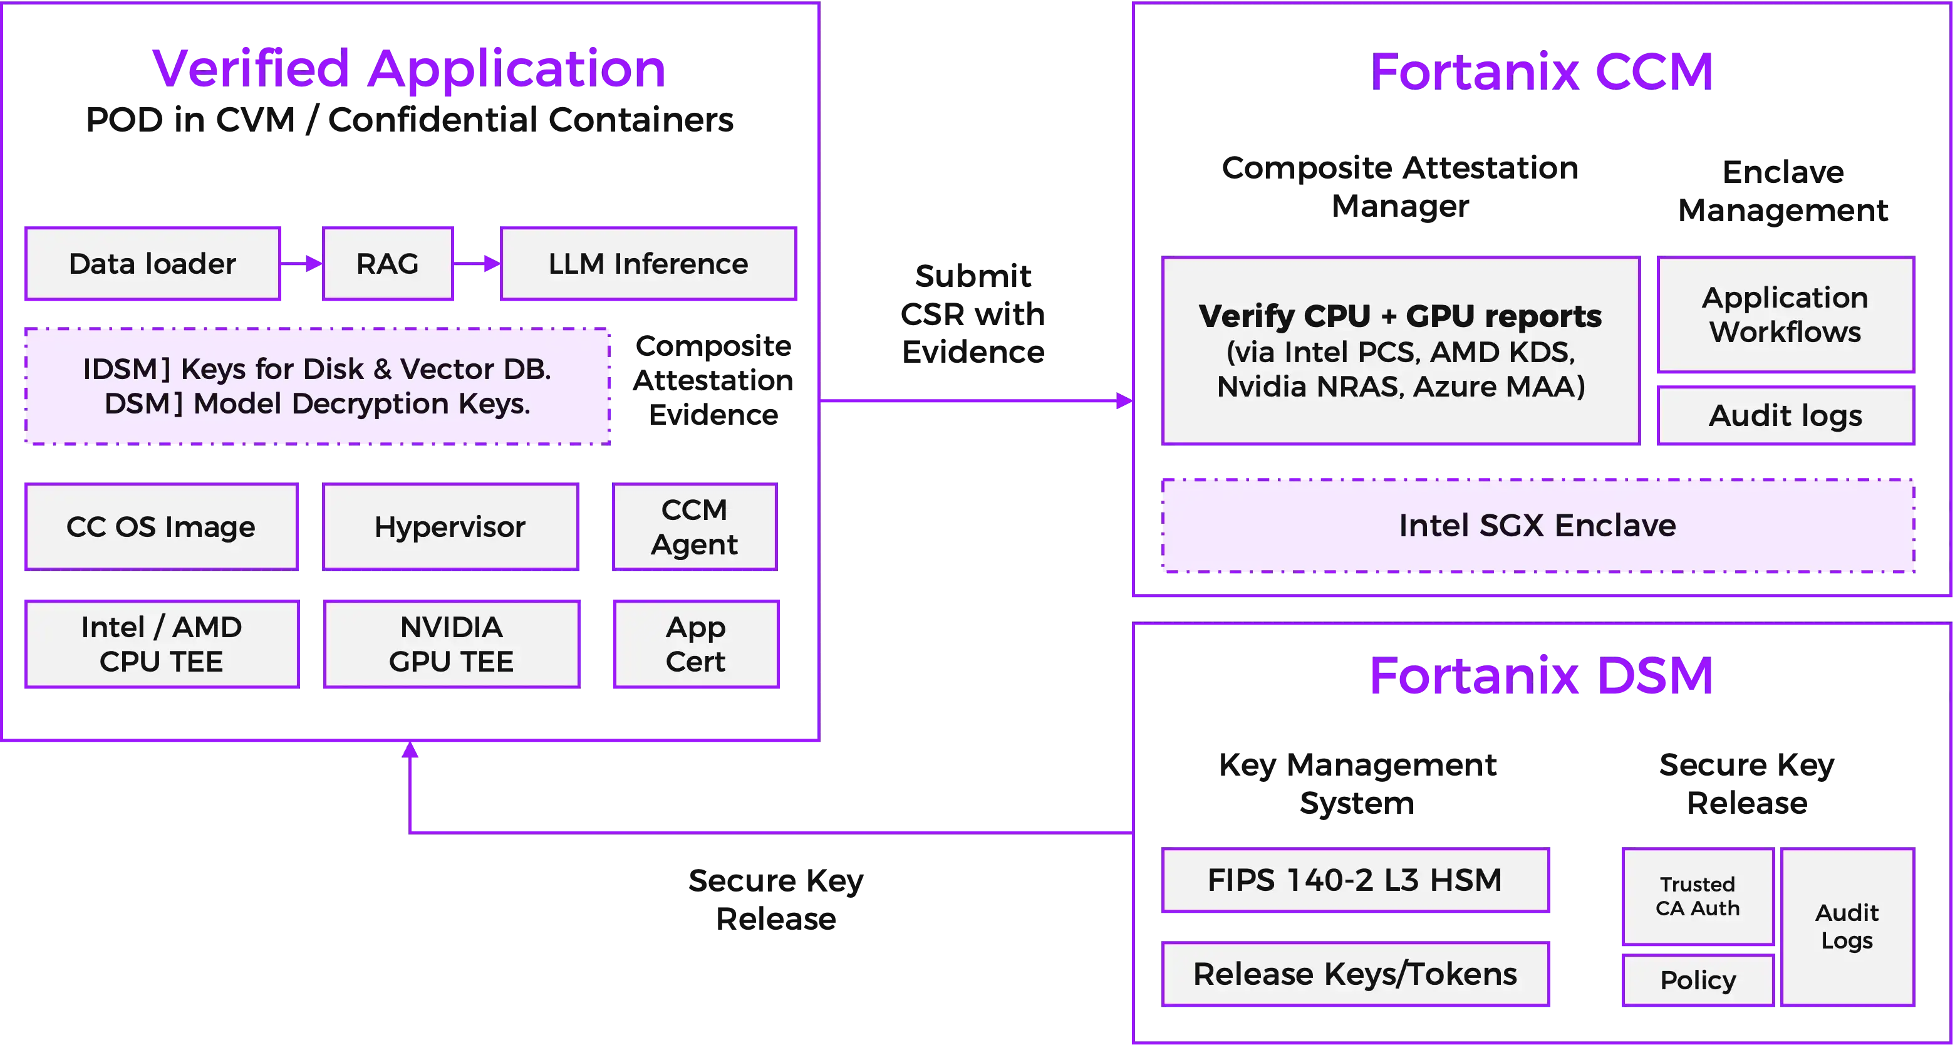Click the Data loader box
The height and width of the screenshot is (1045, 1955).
(x=153, y=264)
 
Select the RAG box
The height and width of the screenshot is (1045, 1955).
(x=388, y=264)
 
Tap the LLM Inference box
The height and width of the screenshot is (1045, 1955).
(x=648, y=264)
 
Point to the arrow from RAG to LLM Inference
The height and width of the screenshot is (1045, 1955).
(x=477, y=264)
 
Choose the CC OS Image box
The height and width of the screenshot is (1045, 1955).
(x=161, y=527)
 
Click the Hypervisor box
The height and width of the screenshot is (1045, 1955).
(x=450, y=527)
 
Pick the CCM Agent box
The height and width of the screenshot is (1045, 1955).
(x=695, y=527)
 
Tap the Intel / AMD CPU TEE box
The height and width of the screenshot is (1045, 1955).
(x=161, y=644)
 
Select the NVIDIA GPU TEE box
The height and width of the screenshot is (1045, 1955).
(x=451, y=644)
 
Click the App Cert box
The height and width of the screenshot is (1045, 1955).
(x=695, y=644)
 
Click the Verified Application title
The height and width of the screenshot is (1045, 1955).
(x=408, y=69)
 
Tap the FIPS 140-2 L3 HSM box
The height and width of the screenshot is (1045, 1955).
(x=1355, y=880)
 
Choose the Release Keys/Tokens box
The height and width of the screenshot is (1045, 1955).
(x=1355, y=974)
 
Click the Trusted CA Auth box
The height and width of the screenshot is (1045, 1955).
(x=1697, y=897)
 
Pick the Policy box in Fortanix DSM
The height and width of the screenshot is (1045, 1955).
(x=1697, y=980)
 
